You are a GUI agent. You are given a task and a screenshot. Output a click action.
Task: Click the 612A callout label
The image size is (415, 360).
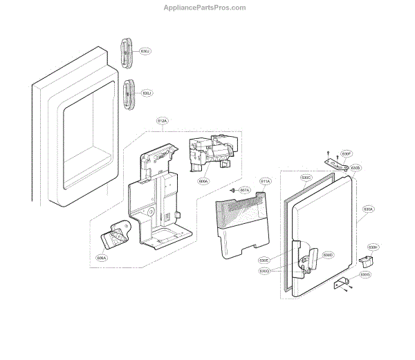(x=162, y=121)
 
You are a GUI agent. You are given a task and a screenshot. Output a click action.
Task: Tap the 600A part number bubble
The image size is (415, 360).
(x=203, y=181)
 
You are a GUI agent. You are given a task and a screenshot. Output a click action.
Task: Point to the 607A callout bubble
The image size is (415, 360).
(x=244, y=189)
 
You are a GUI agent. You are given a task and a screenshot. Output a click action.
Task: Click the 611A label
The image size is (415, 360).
(x=266, y=181)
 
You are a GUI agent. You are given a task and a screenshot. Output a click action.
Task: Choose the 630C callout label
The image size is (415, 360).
(x=306, y=178)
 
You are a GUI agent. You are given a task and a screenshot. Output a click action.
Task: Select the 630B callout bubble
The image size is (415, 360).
(x=356, y=167)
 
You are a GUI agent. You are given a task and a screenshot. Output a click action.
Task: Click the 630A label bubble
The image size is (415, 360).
(x=368, y=209)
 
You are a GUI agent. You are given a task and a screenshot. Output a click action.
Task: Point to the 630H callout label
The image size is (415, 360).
(x=373, y=247)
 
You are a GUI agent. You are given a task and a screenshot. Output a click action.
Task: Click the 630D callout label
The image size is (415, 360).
(x=328, y=256)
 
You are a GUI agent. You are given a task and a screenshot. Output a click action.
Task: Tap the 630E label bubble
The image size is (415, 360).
(x=264, y=260)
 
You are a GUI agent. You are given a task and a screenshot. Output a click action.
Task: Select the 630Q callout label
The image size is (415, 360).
(x=264, y=271)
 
